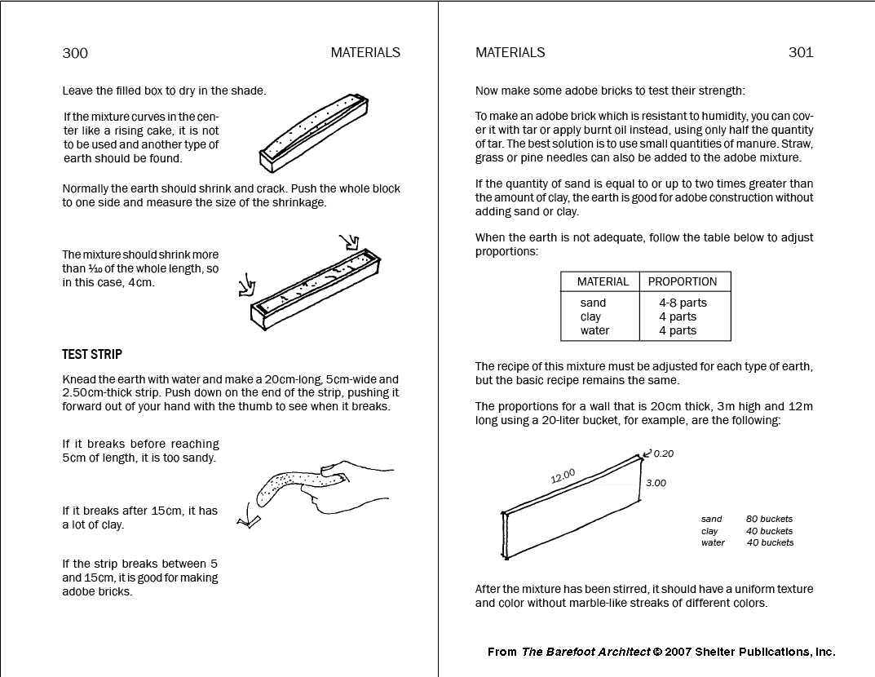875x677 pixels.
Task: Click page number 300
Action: click(x=75, y=53)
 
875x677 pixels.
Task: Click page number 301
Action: click(x=800, y=52)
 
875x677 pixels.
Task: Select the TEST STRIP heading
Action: click(x=92, y=355)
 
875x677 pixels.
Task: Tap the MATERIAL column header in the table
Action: click(x=603, y=281)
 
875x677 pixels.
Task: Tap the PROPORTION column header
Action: click(x=683, y=281)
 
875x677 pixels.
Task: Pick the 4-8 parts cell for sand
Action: click(x=683, y=303)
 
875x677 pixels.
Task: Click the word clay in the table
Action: click(x=590, y=316)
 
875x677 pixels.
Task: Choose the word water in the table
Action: click(x=594, y=330)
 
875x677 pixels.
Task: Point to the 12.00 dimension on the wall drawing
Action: click(x=563, y=475)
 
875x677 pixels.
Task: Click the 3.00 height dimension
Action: click(x=656, y=483)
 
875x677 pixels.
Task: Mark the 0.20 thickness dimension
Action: click(x=664, y=454)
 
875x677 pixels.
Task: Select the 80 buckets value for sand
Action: click(x=769, y=519)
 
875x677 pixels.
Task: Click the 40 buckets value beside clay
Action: click(x=769, y=531)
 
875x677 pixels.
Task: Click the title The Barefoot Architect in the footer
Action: click(x=586, y=652)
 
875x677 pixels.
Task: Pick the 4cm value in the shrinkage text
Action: click(x=142, y=283)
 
